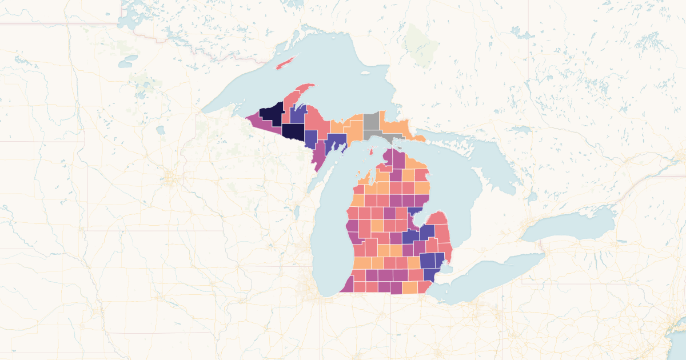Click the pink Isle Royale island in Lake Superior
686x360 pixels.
pyautogui.click(x=288, y=62)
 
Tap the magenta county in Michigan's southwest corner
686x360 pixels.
pyautogui.click(x=348, y=285)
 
